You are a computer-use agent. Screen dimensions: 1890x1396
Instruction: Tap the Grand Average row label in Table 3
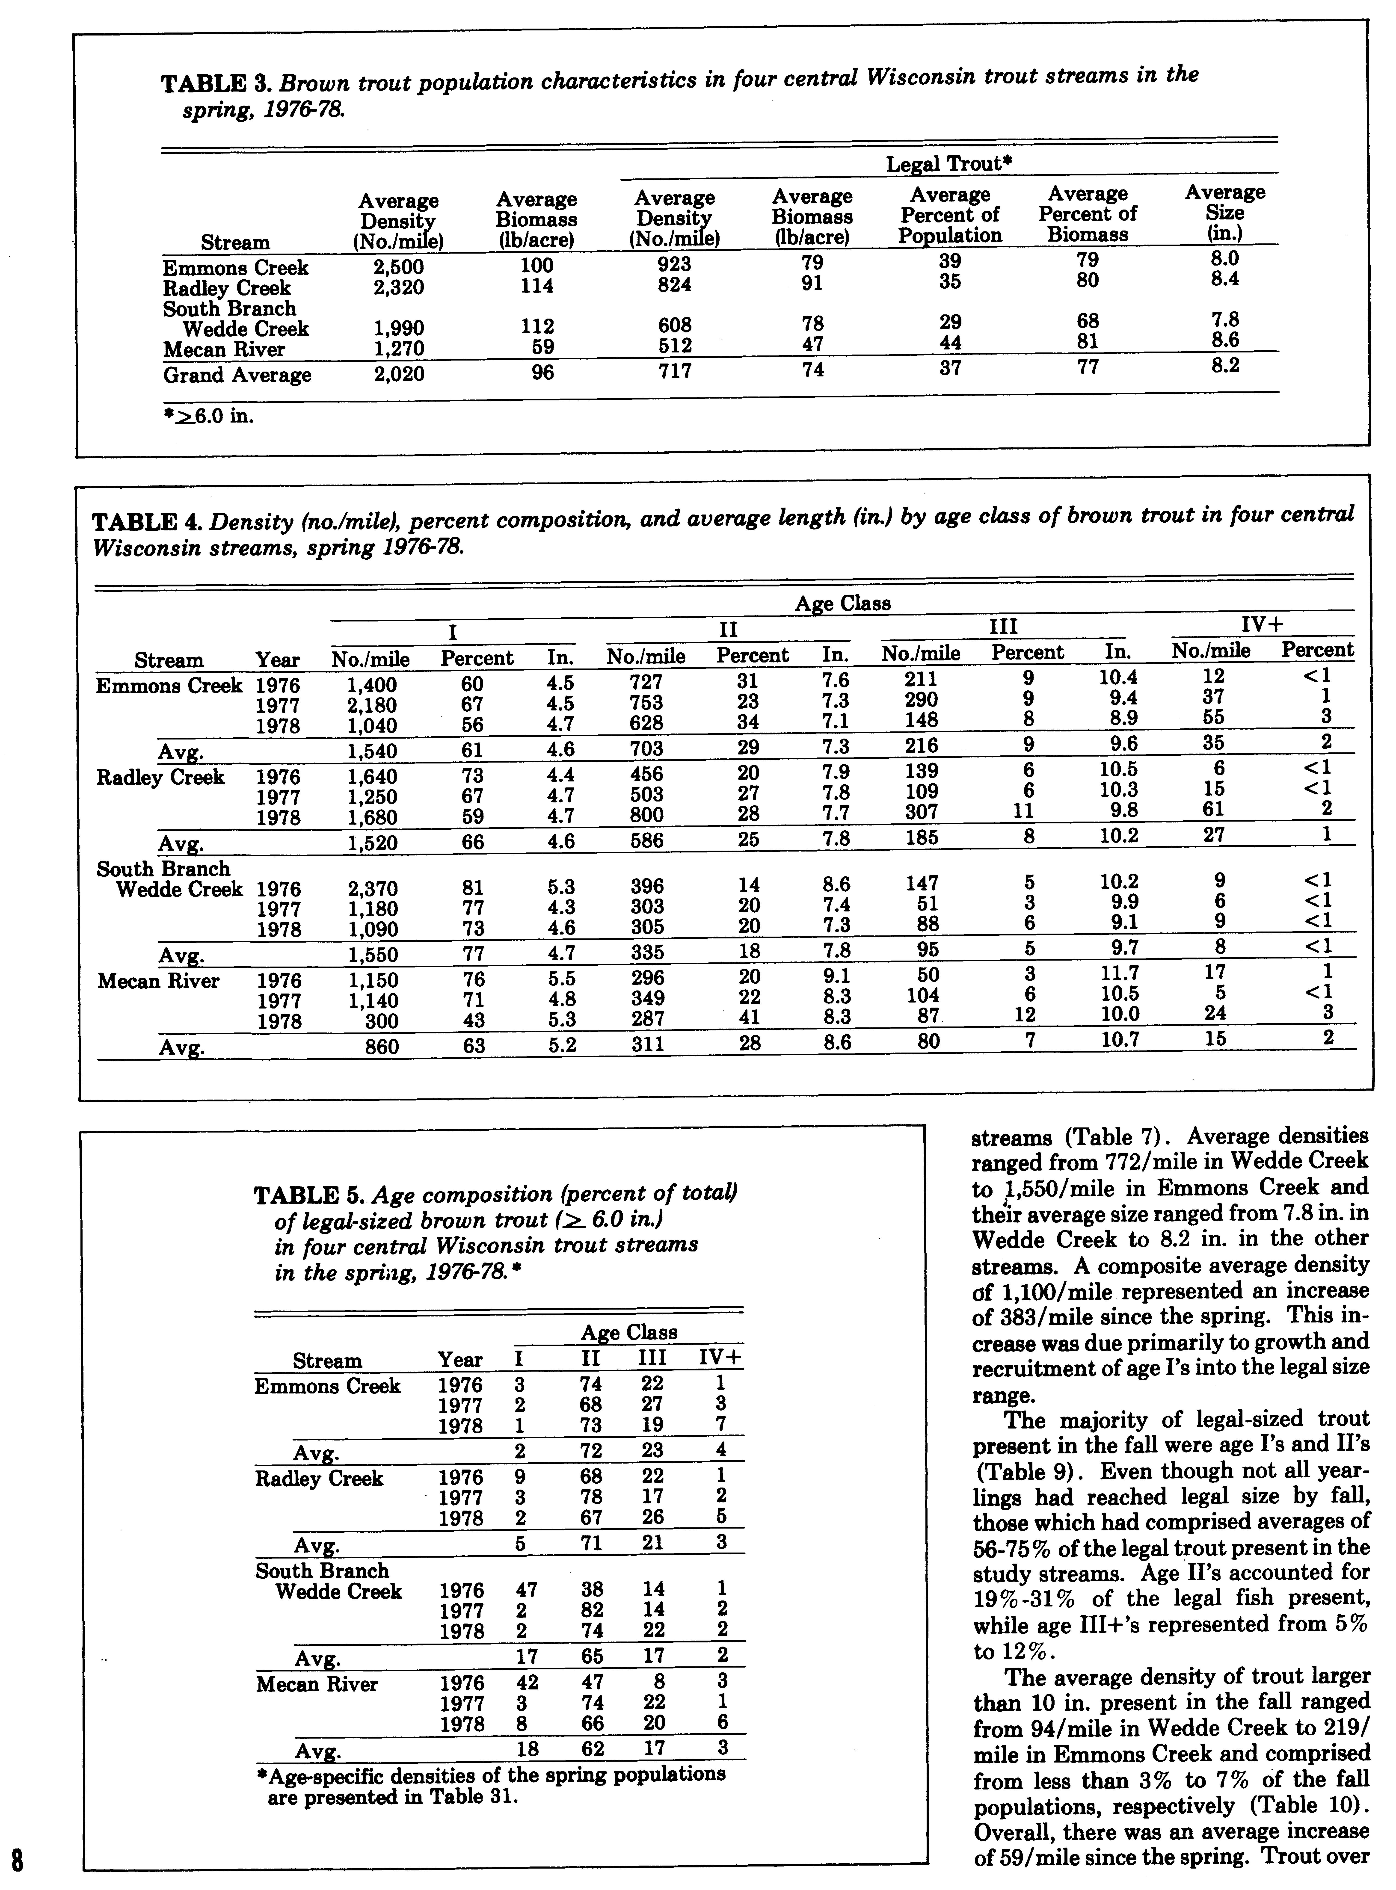pyautogui.click(x=237, y=375)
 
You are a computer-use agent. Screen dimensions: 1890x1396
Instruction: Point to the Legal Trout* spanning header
pyautogui.click(x=949, y=163)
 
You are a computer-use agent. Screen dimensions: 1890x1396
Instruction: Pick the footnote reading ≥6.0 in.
pyautogui.click(x=208, y=416)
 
